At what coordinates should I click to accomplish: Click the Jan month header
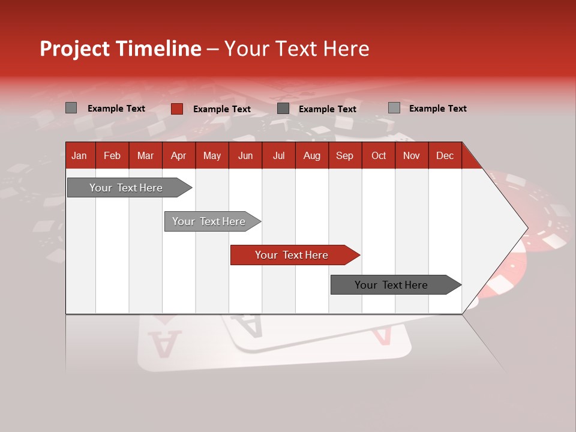point(79,155)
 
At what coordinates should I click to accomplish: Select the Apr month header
point(178,155)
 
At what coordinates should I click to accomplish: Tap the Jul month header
point(278,155)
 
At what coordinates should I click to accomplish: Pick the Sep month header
point(344,155)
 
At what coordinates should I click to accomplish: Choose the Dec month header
point(445,155)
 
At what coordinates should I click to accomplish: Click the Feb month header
point(112,155)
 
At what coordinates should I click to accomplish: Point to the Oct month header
point(379,155)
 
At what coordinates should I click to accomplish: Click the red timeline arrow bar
point(294,255)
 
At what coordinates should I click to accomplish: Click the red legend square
point(176,109)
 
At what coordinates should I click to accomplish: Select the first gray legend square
point(71,108)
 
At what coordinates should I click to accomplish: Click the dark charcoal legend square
point(283,109)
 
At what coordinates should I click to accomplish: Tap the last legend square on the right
point(394,108)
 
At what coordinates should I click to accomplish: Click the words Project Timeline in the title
point(120,49)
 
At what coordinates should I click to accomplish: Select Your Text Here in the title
point(296,49)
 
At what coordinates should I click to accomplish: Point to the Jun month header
point(245,155)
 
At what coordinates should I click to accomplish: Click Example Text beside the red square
point(221,109)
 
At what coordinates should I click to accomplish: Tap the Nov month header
point(411,155)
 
